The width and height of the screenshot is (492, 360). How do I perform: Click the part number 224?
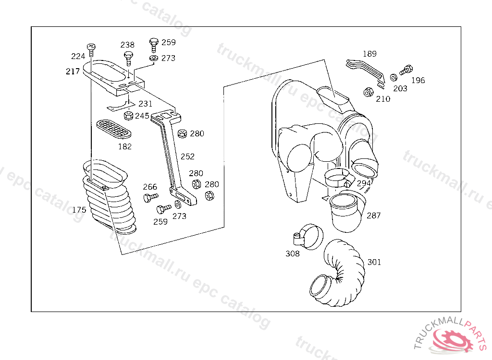click(78, 56)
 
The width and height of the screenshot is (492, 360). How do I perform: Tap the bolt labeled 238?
click(128, 59)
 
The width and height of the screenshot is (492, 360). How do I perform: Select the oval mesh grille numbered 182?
click(113, 129)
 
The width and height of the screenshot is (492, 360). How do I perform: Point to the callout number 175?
click(79, 209)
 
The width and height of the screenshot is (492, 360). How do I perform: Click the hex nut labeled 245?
click(128, 115)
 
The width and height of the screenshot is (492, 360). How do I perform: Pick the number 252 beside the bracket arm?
click(187, 156)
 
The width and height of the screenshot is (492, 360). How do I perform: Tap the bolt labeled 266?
click(150, 198)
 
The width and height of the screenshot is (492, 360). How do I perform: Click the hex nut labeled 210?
click(369, 92)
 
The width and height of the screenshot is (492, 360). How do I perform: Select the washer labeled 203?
click(394, 77)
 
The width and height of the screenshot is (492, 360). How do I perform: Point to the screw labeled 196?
click(406, 70)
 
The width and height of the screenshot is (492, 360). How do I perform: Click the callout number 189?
click(369, 54)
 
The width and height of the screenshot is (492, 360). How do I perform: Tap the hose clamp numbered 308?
click(308, 237)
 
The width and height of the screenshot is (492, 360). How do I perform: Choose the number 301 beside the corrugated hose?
click(374, 262)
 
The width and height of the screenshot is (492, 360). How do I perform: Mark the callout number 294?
click(364, 183)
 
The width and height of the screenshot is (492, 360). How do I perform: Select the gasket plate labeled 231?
click(121, 106)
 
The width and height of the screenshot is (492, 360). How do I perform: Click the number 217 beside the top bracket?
click(73, 72)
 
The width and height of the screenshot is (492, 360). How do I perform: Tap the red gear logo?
click(452, 339)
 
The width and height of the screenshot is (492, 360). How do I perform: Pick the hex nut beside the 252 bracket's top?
click(182, 134)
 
